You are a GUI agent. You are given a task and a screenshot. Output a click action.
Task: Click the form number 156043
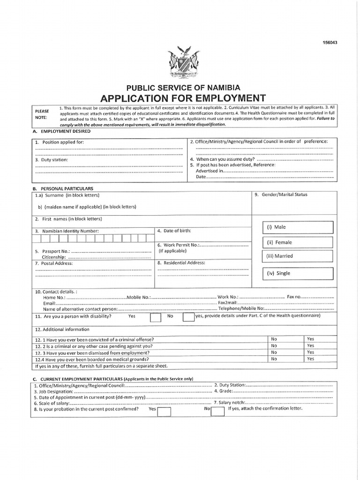(x=329, y=43)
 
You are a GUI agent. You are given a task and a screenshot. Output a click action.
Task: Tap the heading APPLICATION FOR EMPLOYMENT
(x=183, y=98)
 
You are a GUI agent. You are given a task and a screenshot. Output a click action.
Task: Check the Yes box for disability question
(x=156, y=317)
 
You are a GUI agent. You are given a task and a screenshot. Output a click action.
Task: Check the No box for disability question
(x=188, y=317)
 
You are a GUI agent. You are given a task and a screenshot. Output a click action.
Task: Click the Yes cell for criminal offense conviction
(x=310, y=339)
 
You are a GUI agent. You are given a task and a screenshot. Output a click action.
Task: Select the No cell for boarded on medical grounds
(x=274, y=359)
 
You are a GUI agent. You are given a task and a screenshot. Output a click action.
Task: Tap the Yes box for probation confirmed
(x=164, y=411)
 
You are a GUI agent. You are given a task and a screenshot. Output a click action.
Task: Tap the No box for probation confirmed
(x=217, y=411)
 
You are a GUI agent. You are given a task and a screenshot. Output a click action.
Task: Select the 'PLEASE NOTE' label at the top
(x=42, y=114)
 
